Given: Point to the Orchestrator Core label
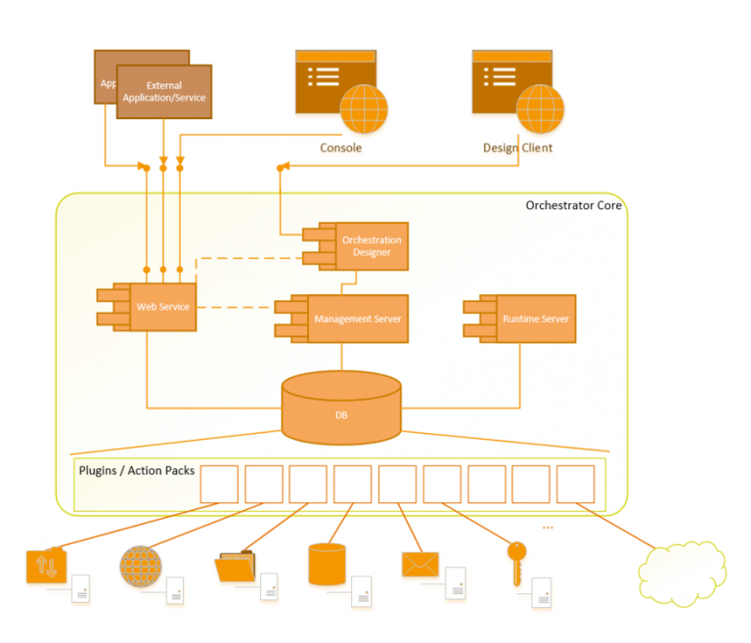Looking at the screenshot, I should [573, 205].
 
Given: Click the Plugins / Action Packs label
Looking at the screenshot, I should [136, 471].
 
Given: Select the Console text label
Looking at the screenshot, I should [340, 149].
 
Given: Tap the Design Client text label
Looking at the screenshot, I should [517, 149].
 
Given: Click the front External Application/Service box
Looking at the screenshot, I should [164, 92].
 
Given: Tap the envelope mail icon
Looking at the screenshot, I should [420, 564].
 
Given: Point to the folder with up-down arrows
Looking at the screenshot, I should [46, 566].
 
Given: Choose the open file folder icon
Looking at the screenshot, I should [234, 566].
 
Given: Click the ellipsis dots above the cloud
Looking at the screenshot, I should [547, 528].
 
